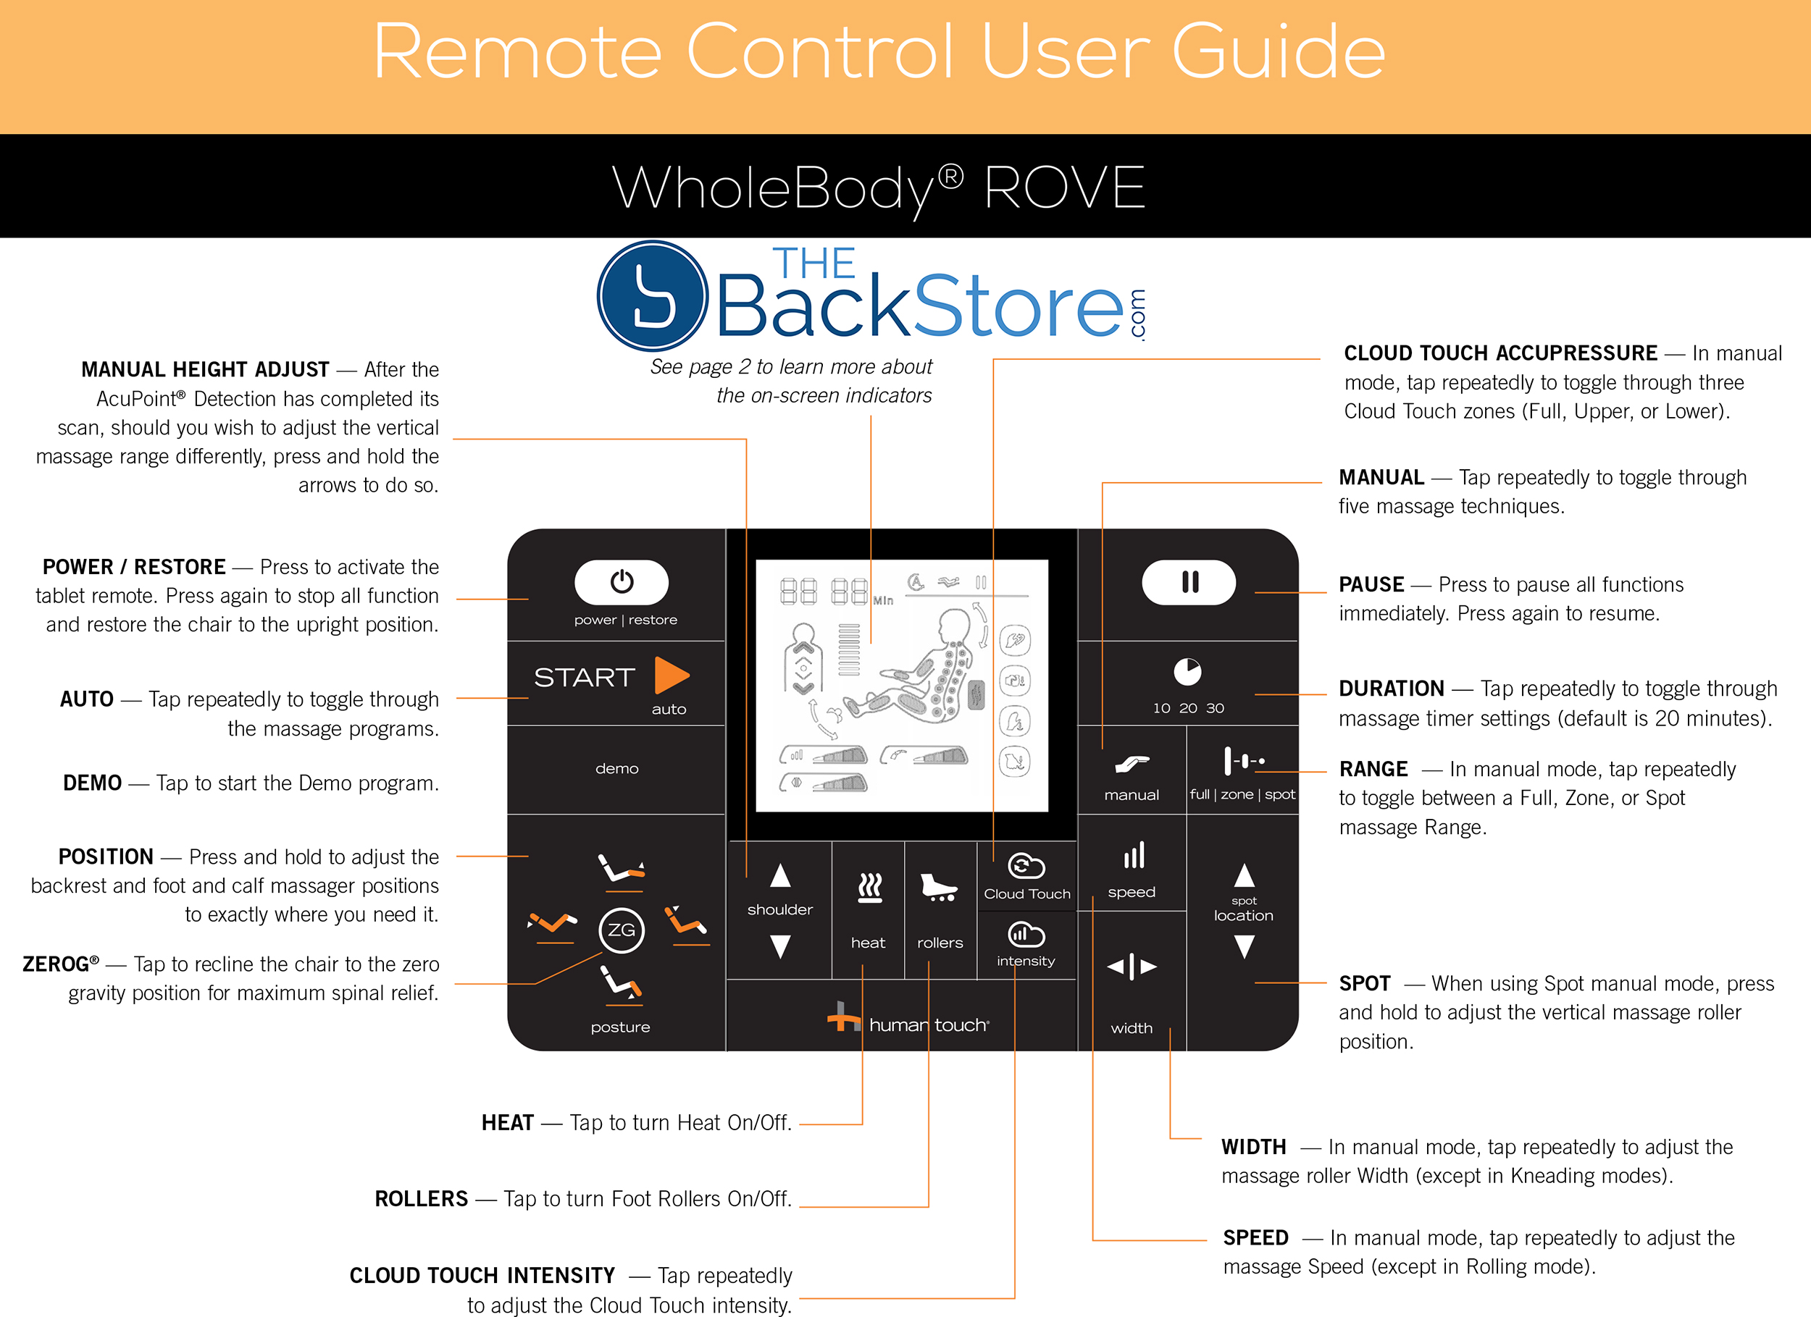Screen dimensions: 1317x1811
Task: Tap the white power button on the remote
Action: tap(622, 582)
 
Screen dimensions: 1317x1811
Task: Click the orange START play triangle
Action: tap(670, 676)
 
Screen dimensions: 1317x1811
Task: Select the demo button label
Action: tap(616, 768)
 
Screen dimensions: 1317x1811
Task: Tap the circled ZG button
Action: tap(622, 930)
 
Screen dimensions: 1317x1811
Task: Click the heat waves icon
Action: tap(869, 887)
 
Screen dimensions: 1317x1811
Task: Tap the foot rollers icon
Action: tap(939, 887)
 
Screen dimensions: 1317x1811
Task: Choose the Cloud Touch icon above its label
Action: tap(1026, 866)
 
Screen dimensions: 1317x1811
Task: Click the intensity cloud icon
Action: tap(1026, 934)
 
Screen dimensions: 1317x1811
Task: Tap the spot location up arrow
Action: tap(1244, 875)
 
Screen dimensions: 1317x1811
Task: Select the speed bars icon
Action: tap(1133, 856)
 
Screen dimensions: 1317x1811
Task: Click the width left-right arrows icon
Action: tap(1132, 967)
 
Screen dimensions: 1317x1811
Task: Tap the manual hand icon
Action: tap(1132, 764)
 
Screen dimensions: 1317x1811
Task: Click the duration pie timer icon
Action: tap(1187, 672)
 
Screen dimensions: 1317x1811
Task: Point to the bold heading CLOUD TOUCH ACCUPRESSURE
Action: tap(1500, 353)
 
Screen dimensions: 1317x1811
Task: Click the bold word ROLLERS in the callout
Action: tap(421, 1199)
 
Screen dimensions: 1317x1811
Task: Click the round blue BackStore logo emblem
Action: tap(653, 296)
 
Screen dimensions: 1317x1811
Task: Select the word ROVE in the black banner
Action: tap(1064, 188)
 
